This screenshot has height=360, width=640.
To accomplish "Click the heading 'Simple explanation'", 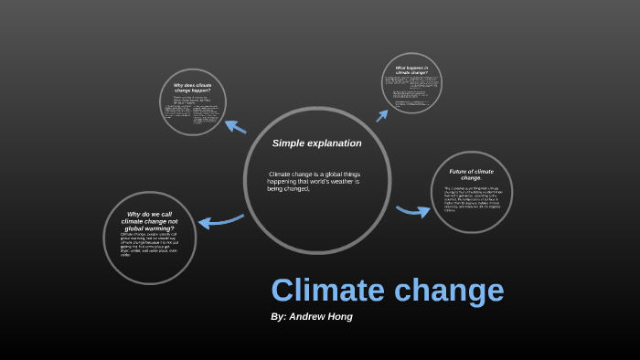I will click(x=316, y=143).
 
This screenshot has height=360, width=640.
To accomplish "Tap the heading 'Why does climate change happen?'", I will click(x=192, y=88).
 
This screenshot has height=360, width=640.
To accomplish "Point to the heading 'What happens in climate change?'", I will click(x=418, y=69).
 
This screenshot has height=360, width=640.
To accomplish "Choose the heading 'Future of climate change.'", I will click(x=471, y=174).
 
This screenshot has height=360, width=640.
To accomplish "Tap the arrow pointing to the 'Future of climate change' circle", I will click(x=413, y=211).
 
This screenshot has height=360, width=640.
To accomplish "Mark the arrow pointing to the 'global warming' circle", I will click(x=220, y=220).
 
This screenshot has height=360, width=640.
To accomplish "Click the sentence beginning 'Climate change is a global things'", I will click(x=315, y=181).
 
